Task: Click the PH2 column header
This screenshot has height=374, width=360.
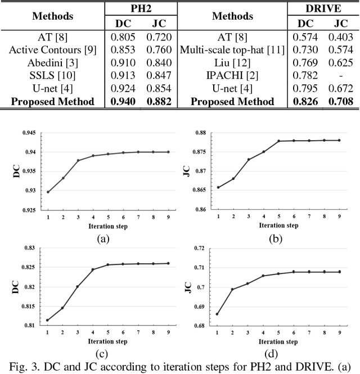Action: [x=142, y=9]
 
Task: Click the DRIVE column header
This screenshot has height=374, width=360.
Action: [x=323, y=9]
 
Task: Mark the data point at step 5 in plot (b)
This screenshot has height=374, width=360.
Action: [x=278, y=141]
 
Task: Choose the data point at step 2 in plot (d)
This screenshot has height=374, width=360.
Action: [x=232, y=289]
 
